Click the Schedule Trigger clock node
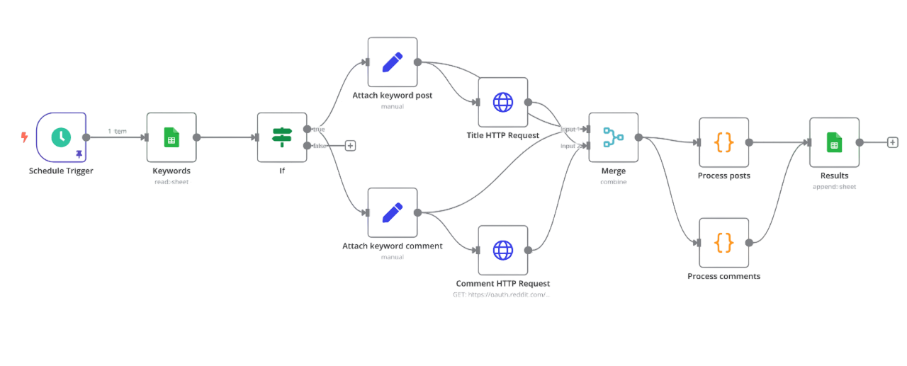coord(61,137)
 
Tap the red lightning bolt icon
coord(25,137)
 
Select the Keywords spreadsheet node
coord(171,137)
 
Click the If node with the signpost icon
coord(282,137)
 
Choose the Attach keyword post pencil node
coord(393,62)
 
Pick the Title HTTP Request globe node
coord(503,103)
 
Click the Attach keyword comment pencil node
coord(393,212)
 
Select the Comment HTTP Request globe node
coord(503,250)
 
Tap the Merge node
coord(613,137)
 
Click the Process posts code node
coord(723,142)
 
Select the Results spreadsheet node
coord(834,142)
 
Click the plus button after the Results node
coord(893,142)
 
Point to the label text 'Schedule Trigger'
coord(61,171)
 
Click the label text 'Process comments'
coord(723,276)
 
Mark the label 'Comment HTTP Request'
coord(503,283)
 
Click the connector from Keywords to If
coord(227,137)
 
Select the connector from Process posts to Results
coord(778,142)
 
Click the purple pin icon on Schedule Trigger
coord(79,152)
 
